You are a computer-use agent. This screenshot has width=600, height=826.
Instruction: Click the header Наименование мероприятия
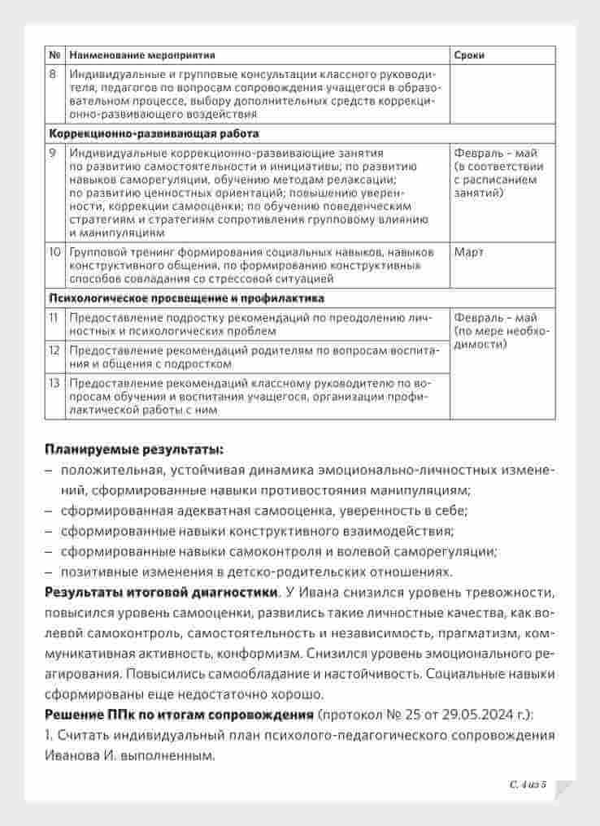click(x=142, y=55)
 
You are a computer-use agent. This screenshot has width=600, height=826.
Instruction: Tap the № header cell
click(x=55, y=55)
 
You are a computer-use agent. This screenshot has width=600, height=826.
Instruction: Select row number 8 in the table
click(x=54, y=74)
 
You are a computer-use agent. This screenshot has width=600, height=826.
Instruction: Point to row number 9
click(x=54, y=153)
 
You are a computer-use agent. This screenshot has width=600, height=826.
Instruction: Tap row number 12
click(x=54, y=350)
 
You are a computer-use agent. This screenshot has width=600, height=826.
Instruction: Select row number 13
click(x=54, y=383)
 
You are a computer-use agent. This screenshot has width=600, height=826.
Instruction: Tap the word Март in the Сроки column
click(x=468, y=252)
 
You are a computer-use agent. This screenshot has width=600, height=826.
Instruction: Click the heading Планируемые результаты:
click(x=133, y=448)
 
